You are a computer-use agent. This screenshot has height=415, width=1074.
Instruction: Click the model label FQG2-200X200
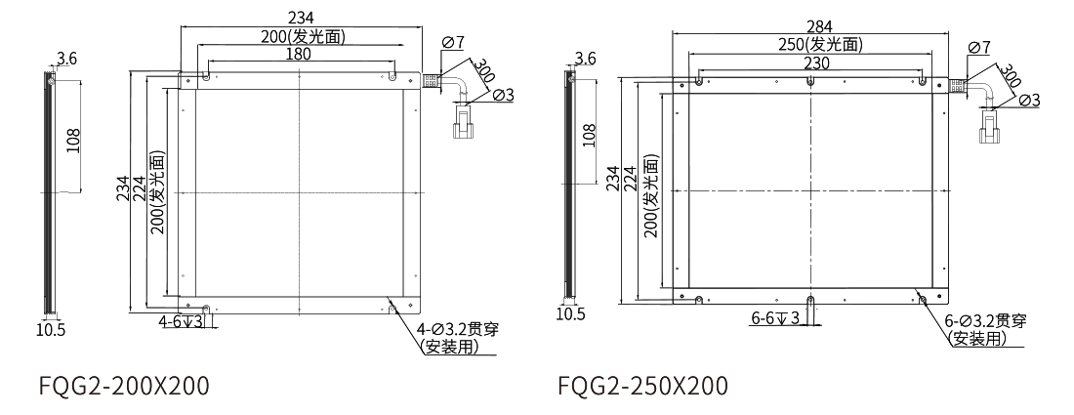click(x=123, y=386)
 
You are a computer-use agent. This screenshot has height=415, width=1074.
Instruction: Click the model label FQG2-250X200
click(x=642, y=386)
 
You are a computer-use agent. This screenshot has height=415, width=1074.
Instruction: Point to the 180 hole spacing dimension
click(x=299, y=55)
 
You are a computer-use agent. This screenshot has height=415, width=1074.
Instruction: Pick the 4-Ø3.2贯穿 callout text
click(x=458, y=329)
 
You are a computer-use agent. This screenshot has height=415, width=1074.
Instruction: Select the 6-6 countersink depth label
click(x=775, y=318)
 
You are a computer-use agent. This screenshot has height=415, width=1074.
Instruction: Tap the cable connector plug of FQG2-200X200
click(x=464, y=125)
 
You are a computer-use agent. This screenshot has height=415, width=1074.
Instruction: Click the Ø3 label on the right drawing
click(x=1029, y=100)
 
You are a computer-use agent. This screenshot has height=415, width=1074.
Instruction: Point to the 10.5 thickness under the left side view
click(x=50, y=329)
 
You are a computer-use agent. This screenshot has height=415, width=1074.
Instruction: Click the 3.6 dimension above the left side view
click(x=66, y=60)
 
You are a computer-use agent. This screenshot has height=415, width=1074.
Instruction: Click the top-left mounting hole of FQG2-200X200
click(x=206, y=75)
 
